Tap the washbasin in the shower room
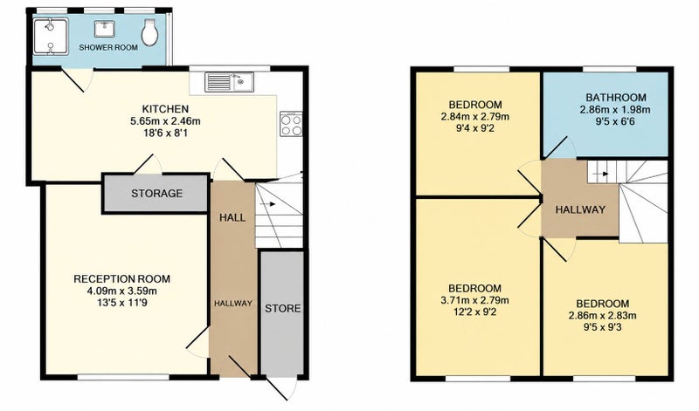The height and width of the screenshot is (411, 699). tap(104, 29)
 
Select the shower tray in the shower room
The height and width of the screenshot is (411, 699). tap(51, 36)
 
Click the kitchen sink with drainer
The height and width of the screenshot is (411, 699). tap(229, 82)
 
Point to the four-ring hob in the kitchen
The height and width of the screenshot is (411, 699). tap(291, 123)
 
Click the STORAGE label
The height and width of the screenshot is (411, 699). tap(157, 193)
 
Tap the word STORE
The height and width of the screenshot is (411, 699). tap(282, 308)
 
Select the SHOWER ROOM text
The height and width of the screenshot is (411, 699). tap(108, 47)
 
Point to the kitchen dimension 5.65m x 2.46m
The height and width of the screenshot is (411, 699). tap(165, 120)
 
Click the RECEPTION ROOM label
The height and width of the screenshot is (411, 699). tap(121, 279)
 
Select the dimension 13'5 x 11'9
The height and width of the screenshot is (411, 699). tap(121, 303)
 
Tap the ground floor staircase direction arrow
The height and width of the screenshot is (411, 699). tap(267, 204)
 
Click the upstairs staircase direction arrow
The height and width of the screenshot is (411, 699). tap(602, 174)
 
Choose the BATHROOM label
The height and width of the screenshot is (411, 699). tap(616, 98)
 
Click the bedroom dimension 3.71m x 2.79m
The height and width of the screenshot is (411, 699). tap(474, 300)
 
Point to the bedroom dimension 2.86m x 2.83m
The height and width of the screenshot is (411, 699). tap(602, 316)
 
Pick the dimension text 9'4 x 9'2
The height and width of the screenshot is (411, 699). tap(474, 128)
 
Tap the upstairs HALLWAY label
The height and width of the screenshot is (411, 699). tap(580, 209)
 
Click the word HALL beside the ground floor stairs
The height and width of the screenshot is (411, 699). tap(232, 217)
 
